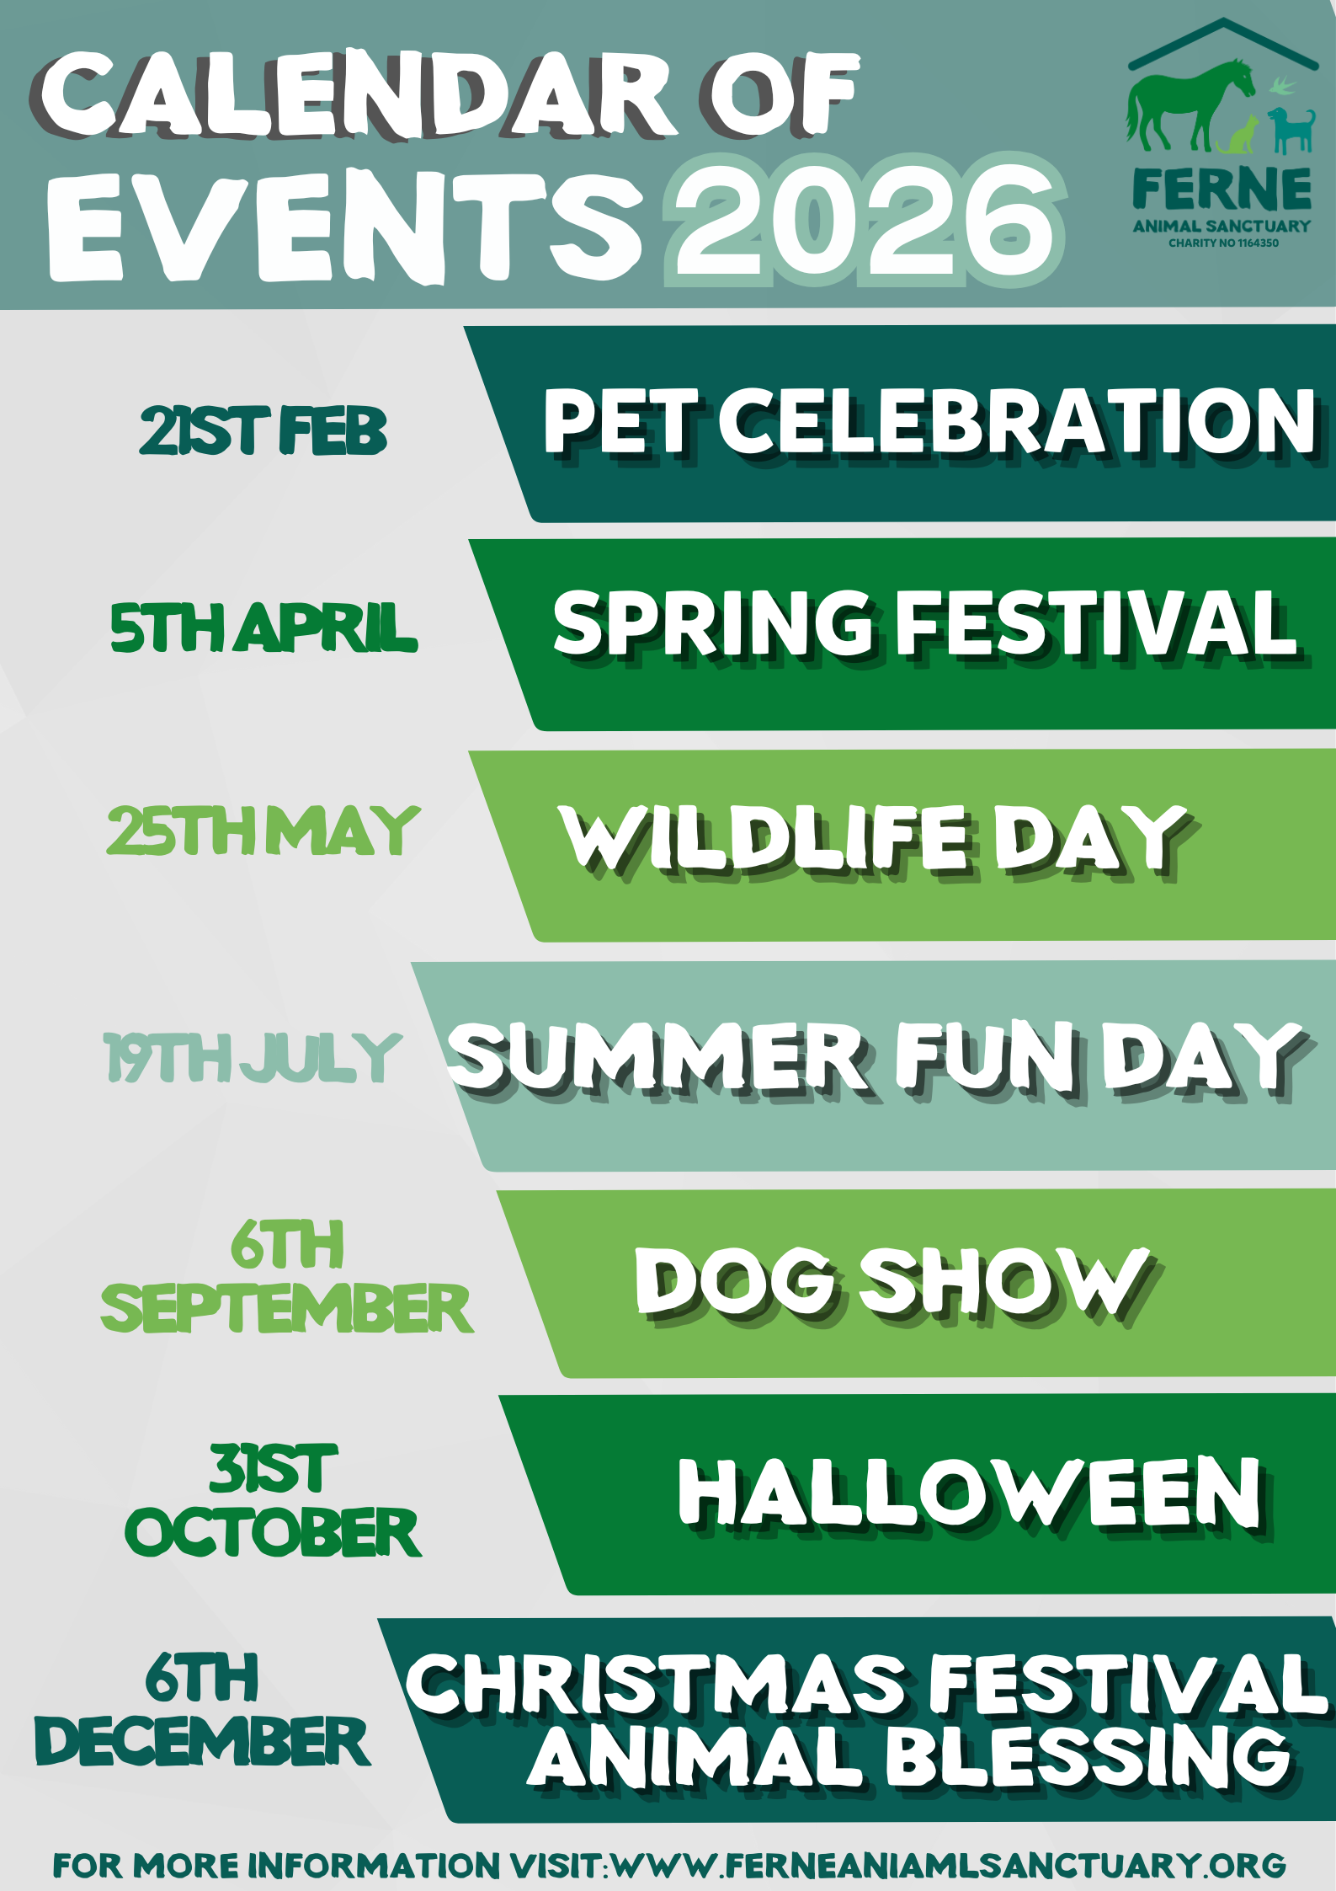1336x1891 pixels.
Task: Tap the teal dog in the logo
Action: [x=1291, y=131]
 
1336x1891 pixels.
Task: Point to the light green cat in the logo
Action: [x=1238, y=136]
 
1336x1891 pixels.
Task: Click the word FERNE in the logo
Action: [x=1222, y=189]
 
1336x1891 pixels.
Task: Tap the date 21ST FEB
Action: [x=263, y=430]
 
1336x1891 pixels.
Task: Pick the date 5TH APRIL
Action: [x=263, y=628]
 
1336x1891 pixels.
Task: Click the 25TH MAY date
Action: [x=263, y=831]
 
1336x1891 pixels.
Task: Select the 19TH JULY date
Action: [x=253, y=1058]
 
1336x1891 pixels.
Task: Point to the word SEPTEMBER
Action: [x=286, y=1308]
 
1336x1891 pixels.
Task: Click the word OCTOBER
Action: [x=273, y=1532]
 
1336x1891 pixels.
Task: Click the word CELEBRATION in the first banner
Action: [x=1017, y=422]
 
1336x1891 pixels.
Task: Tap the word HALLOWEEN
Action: [x=971, y=1493]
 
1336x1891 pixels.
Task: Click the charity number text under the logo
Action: [x=1223, y=243]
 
